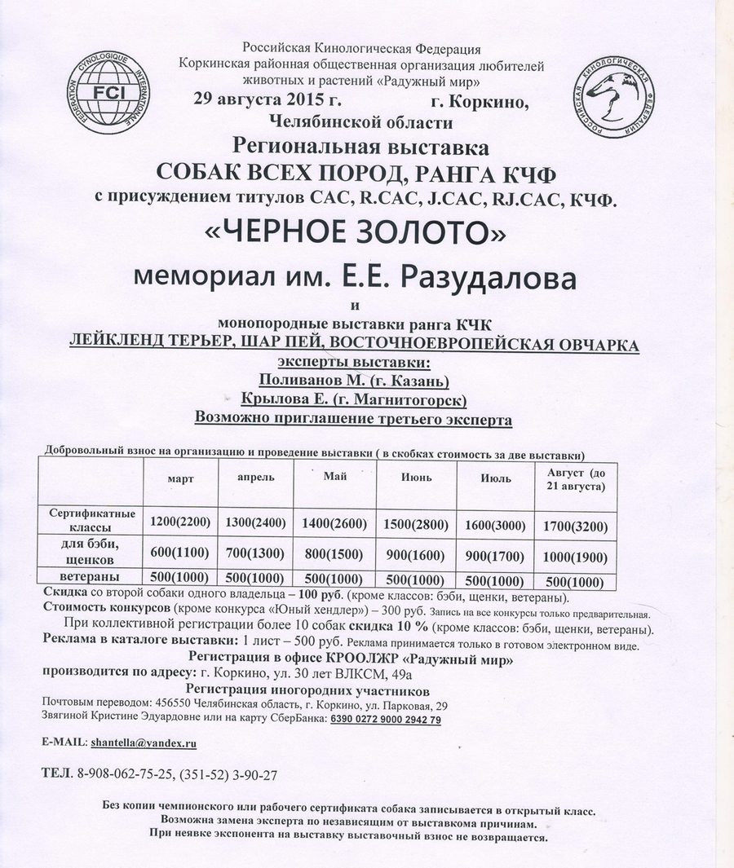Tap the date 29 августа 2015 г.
(x=264, y=101)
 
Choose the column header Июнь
(x=416, y=478)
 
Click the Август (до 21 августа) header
(x=571, y=479)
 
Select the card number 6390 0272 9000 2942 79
(x=386, y=720)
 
